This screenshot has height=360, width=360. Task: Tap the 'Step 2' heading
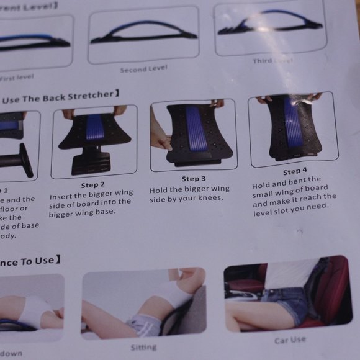[x=92, y=184]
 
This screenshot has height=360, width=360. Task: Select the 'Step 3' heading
[x=191, y=179]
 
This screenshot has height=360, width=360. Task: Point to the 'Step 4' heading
[x=295, y=171]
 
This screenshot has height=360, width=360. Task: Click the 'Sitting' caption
[x=143, y=347]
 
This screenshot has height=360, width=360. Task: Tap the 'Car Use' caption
[x=290, y=340]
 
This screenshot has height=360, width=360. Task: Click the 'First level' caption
[x=17, y=78]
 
